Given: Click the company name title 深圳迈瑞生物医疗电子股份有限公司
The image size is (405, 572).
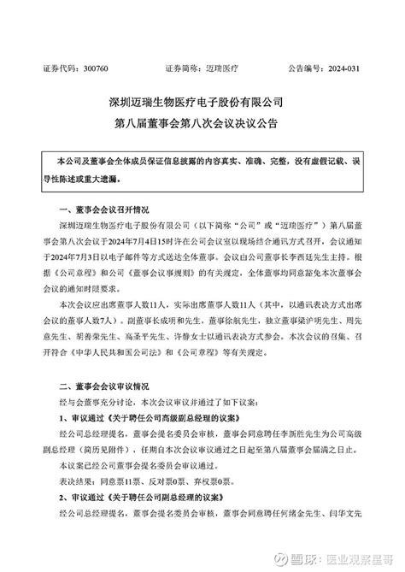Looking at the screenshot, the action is point(202,102).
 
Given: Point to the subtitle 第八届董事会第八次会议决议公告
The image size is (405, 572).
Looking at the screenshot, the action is point(202,122).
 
